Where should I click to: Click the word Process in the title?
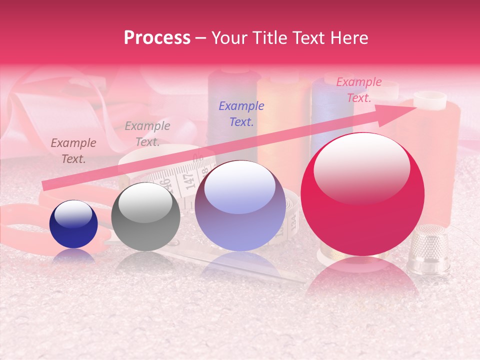pos(157,38)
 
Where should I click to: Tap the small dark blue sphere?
pos(73,224)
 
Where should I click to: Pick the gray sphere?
pos(145,216)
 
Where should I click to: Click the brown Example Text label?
pos(73,151)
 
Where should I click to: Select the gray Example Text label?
pos(147,134)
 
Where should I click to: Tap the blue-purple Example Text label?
pos(241,113)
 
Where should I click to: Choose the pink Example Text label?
pos(359,90)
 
